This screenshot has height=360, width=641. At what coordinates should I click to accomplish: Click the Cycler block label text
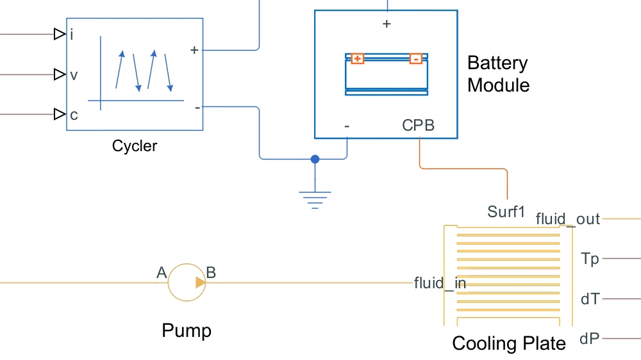135,146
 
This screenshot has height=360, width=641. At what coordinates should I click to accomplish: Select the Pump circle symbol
186,282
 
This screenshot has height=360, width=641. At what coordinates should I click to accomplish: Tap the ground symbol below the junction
315,199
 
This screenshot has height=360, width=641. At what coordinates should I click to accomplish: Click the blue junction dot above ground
315,159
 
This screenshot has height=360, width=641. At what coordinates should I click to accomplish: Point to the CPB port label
419,126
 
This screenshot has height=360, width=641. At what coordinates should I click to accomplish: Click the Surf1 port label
506,211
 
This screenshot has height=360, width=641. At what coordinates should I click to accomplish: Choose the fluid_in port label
440,282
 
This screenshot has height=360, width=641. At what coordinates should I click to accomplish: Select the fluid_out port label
568,219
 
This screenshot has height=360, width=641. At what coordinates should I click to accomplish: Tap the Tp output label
590,259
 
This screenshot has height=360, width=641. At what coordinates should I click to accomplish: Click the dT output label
590,299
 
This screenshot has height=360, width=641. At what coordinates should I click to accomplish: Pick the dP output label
590,338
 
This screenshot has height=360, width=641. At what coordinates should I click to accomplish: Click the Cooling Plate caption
509,343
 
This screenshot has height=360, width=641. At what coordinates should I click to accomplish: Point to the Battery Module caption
498,74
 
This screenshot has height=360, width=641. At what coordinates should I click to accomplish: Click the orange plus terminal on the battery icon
358,59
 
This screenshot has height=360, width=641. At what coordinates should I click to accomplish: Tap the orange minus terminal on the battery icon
416,59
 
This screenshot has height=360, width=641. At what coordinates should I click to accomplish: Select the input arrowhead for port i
60,34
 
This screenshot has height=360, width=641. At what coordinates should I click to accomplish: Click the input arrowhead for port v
60,74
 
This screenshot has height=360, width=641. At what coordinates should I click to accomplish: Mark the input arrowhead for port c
60,114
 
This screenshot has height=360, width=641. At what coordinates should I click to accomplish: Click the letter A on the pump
162,274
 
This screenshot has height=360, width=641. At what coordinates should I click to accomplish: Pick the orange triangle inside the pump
201,282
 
